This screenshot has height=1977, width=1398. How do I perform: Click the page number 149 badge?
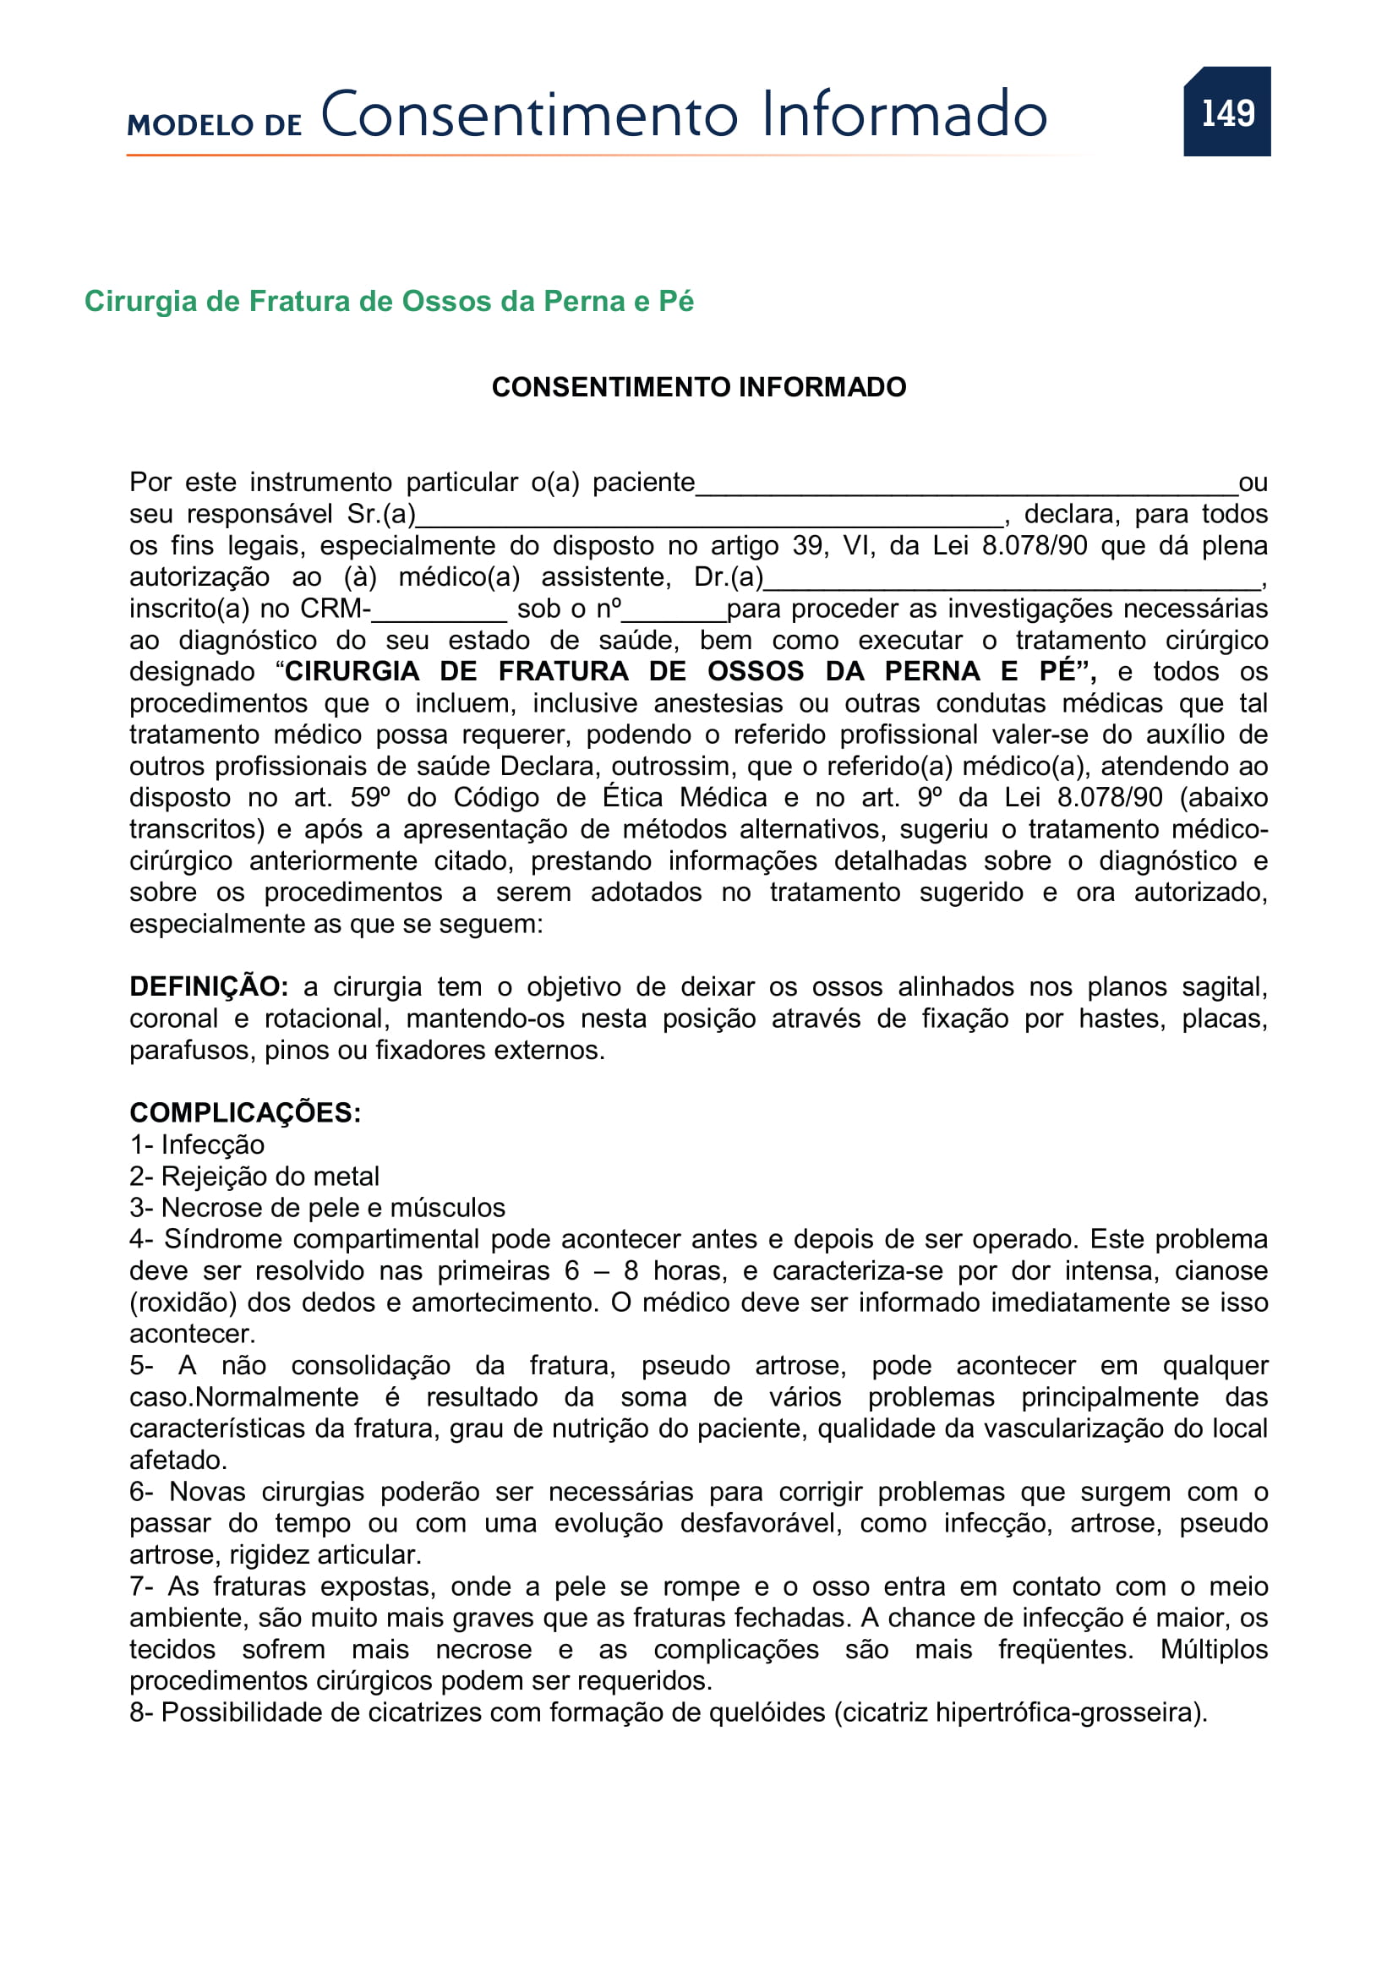tap(1226, 112)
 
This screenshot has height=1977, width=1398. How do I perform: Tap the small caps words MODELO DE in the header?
tap(215, 125)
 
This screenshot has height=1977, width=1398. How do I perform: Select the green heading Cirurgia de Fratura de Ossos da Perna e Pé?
tap(388, 302)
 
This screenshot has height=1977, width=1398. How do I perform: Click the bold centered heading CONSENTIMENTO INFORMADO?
tap(698, 387)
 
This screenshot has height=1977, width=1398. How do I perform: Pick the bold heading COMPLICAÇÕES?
tap(245, 1113)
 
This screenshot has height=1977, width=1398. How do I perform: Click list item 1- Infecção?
tap(197, 1145)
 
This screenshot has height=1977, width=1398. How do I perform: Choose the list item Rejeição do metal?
tap(270, 1177)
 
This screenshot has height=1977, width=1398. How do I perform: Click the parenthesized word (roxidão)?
tap(183, 1303)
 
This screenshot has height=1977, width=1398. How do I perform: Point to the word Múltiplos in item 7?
tap(1214, 1650)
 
